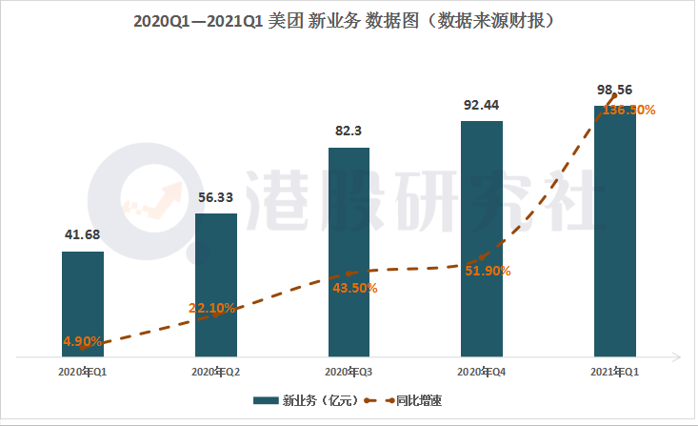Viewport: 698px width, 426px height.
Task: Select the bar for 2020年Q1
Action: (82, 305)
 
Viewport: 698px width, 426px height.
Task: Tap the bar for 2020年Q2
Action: (215, 286)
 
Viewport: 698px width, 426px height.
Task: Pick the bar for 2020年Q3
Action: (349, 253)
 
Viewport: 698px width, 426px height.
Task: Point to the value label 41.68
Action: (82, 234)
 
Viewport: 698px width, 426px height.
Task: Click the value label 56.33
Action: (215, 197)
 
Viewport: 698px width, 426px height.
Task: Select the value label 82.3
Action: (349, 132)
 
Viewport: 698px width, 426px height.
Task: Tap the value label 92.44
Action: (482, 105)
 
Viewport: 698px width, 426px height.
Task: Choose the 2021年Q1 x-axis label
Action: (615, 371)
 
